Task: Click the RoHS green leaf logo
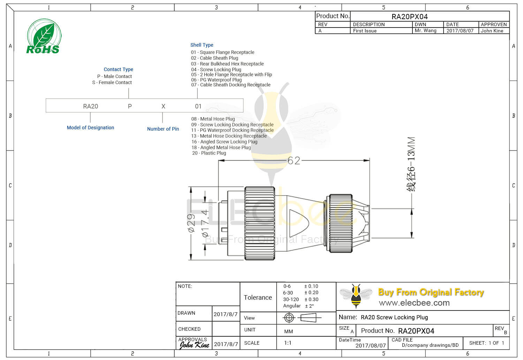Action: (x=44, y=37)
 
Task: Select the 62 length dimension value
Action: (x=294, y=160)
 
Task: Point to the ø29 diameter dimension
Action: (x=191, y=223)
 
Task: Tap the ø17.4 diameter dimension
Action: (x=205, y=223)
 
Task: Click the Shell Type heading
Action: (x=202, y=45)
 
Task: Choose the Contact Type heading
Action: (x=118, y=69)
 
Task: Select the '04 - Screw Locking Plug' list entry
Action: (x=216, y=69)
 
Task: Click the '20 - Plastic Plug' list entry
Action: (x=209, y=153)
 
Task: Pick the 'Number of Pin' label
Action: (x=163, y=129)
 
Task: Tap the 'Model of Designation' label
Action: (x=90, y=128)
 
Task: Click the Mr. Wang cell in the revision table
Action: (x=425, y=31)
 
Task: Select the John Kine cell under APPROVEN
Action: (x=492, y=31)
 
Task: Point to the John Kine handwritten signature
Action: (x=194, y=345)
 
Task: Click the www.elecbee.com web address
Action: (x=414, y=303)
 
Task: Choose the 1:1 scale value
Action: (x=288, y=343)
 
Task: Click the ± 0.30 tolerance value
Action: (x=311, y=299)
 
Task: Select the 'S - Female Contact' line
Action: (x=112, y=83)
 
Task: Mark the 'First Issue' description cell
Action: (x=365, y=31)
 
